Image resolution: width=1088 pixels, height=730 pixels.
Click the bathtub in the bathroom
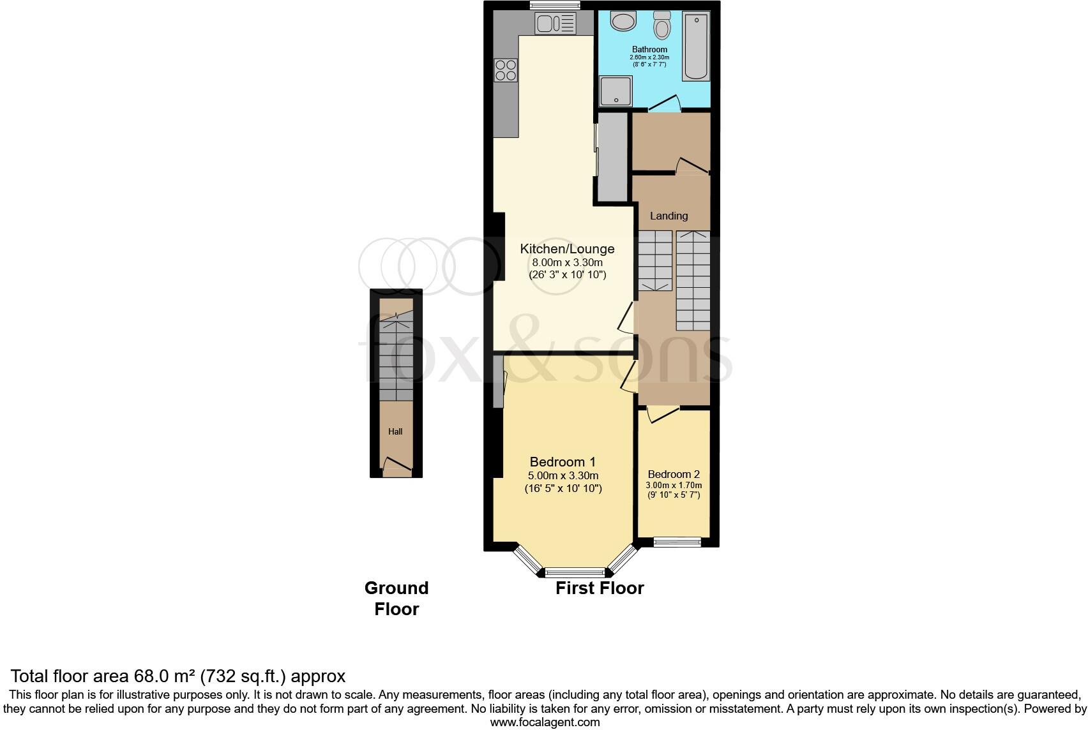click(x=696, y=47)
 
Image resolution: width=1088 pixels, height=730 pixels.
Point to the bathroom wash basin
click(x=623, y=21)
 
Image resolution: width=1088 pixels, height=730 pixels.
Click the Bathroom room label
click(x=649, y=49)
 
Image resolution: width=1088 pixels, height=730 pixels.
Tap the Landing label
click(x=669, y=216)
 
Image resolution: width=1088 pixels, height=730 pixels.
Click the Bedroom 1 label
click(x=563, y=461)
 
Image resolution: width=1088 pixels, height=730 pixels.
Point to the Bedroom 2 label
click(x=674, y=474)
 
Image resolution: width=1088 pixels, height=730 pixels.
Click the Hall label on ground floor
click(x=395, y=431)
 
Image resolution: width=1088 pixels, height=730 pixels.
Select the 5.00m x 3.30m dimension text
click(x=563, y=475)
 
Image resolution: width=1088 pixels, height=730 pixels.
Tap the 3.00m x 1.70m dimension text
click(x=674, y=485)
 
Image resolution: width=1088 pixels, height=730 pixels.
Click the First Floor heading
click(x=600, y=588)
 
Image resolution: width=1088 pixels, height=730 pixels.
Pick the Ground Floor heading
click(x=397, y=598)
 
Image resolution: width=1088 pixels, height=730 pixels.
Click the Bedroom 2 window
click(x=677, y=542)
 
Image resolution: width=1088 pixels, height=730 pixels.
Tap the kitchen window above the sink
click(x=555, y=6)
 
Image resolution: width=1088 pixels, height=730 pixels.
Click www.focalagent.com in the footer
click(x=545, y=722)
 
